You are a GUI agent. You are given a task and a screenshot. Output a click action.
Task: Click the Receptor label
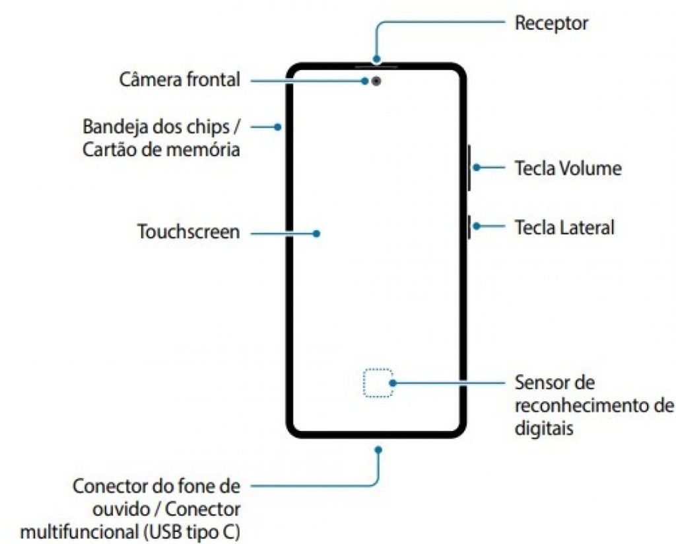click(x=551, y=24)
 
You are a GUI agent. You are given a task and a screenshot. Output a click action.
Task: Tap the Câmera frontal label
click(x=180, y=80)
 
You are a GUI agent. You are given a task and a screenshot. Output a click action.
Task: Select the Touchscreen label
click(x=188, y=232)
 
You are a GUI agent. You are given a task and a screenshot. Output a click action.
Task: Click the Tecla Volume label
click(x=568, y=168)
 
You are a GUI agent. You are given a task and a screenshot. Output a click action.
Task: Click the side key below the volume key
click(x=468, y=227)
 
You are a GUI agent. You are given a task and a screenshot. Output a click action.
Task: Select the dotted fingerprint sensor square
click(x=377, y=383)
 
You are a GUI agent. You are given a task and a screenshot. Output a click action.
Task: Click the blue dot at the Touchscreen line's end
click(x=317, y=233)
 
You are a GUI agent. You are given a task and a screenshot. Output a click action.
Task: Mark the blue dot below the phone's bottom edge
click(x=378, y=449)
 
